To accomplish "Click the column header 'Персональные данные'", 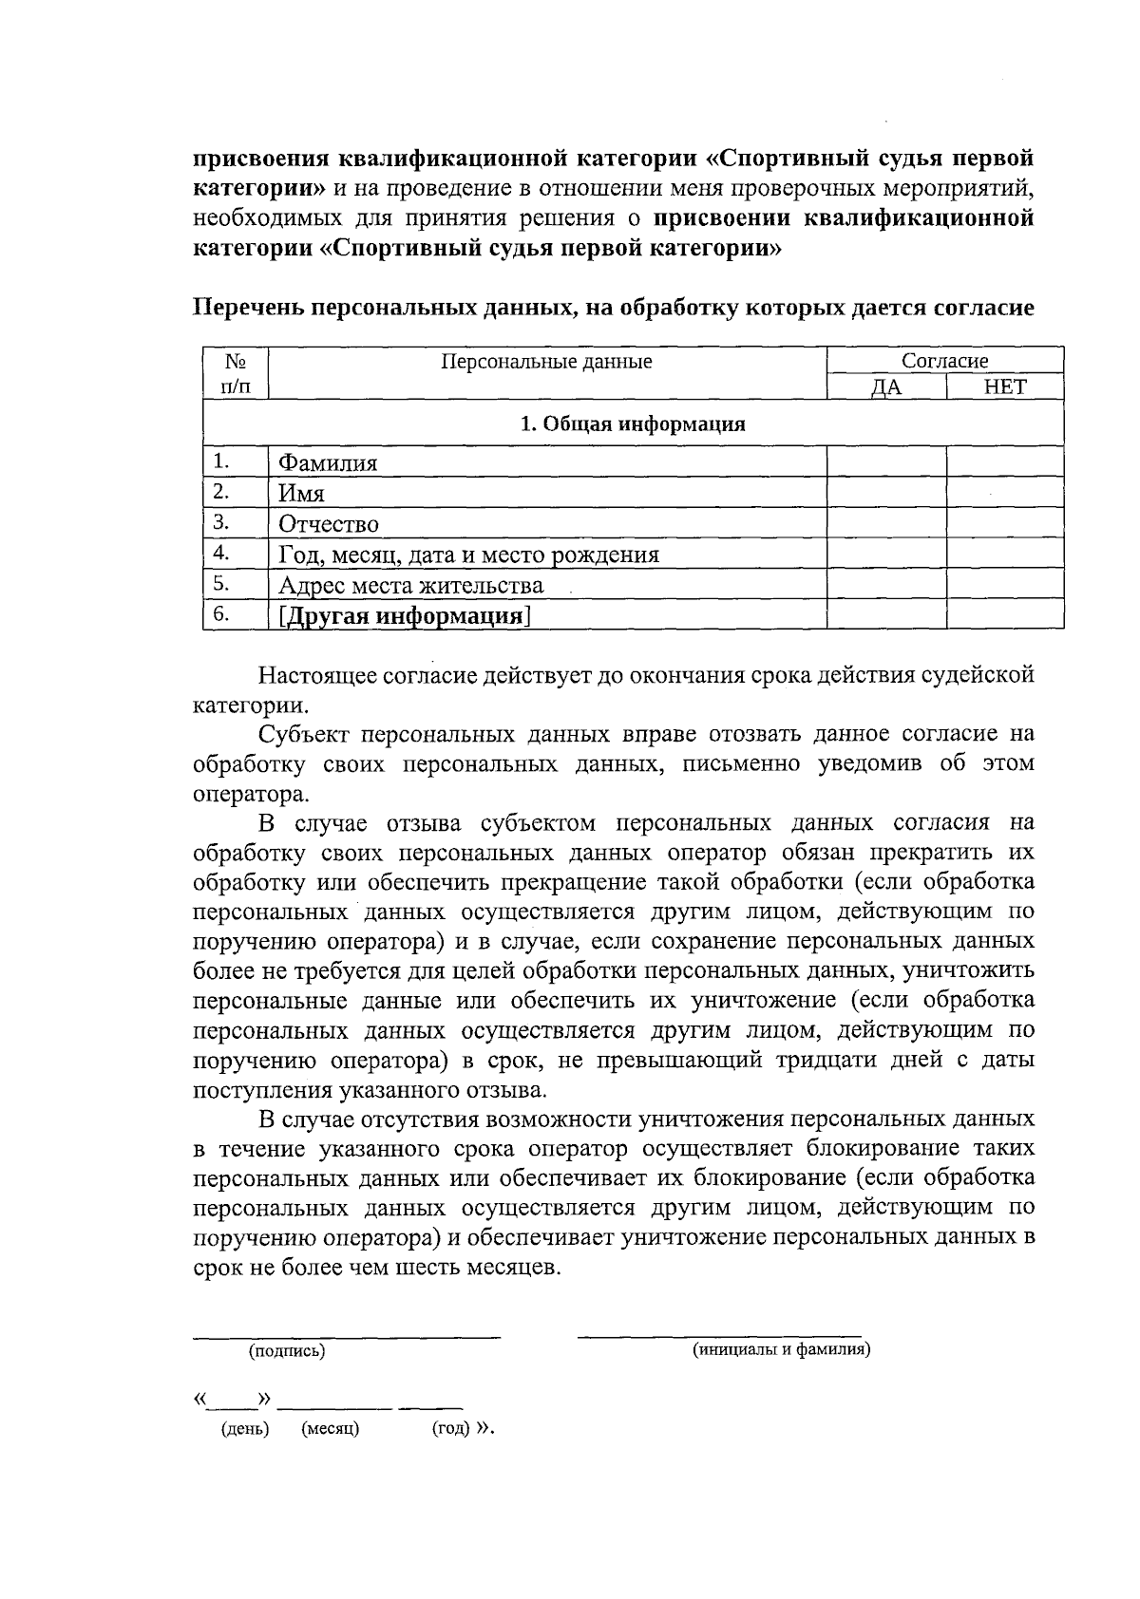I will point(546,362).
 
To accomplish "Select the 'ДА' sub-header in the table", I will point(886,387).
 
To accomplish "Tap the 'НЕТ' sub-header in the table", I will point(1005,386).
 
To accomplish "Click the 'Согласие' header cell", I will point(944,361).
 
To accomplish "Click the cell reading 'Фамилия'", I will point(328,463).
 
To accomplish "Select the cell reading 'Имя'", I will point(302,494).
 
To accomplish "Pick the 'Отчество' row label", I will point(329,524).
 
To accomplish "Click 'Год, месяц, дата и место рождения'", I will point(468,555).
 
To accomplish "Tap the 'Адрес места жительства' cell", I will point(410,585).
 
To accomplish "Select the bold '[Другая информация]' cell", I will point(404,616).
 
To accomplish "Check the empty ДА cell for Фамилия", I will point(886,462).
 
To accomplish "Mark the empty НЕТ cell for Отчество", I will point(1005,523).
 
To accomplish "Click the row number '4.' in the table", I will point(222,553).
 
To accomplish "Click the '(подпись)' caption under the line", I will point(287,1351).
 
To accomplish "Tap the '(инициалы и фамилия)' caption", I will point(781,1349).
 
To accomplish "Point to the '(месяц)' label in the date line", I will point(330,1429).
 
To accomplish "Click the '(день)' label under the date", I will point(245,1429).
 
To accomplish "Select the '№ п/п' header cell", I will point(236,373).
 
